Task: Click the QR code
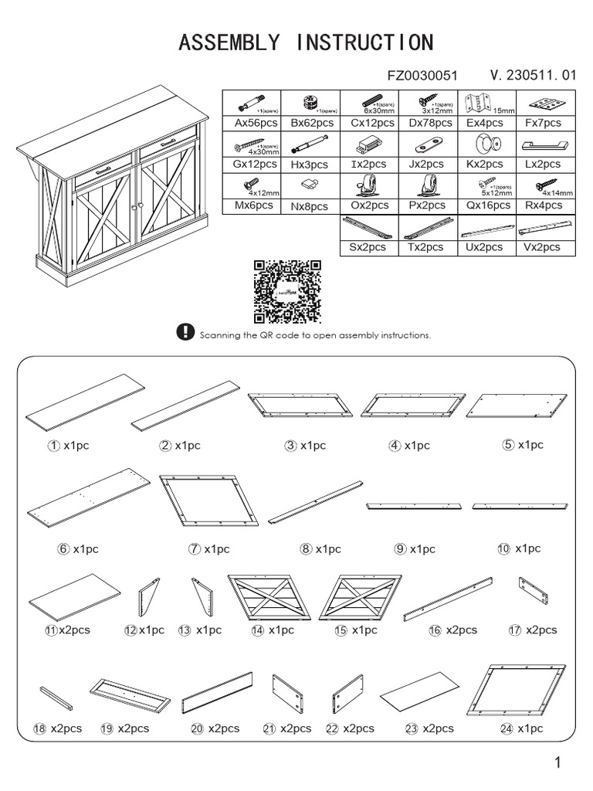coord(287,292)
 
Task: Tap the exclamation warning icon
coord(185,333)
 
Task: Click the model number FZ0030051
coord(422,76)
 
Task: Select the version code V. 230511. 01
coord(533,76)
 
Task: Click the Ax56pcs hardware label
coord(251,123)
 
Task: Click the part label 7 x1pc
coord(208,549)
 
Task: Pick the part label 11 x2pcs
coord(67,630)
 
